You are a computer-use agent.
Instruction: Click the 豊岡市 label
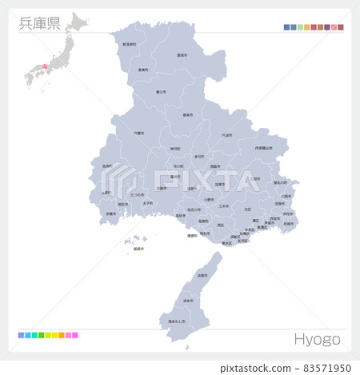click(182, 56)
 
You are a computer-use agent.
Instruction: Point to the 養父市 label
click(162, 92)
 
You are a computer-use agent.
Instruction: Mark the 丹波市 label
click(227, 135)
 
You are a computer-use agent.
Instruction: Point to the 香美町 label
click(143, 70)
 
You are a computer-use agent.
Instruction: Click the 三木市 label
click(224, 205)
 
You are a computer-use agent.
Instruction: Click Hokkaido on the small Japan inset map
click(78, 21)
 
